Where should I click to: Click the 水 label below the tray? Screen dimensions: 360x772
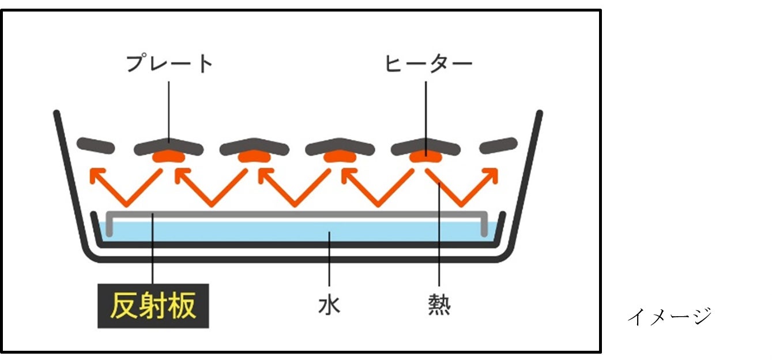(329, 305)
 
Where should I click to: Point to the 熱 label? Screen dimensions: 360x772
(439, 305)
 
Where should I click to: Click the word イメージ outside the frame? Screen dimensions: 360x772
(669, 316)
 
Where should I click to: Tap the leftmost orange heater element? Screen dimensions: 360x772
(168, 157)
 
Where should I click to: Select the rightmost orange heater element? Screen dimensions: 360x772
(425, 156)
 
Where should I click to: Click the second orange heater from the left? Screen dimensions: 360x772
(254, 157)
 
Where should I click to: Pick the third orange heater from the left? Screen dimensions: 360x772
(340, 157)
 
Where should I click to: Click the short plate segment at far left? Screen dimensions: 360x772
(96, 145)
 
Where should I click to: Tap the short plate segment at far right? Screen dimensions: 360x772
(498, 145)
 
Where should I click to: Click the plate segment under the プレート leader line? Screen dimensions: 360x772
(168, 144)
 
